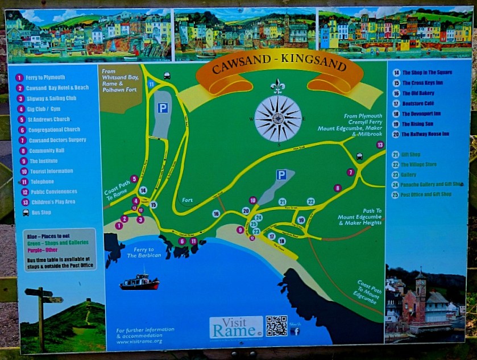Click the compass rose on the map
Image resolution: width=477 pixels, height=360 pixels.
coord(278,118)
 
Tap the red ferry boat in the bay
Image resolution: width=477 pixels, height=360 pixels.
coord(139,282)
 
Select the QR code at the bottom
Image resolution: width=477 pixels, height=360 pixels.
coord(276,326)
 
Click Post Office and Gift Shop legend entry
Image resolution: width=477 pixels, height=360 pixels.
coord(429,195)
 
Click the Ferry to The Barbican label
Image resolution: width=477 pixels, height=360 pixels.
coord(139,252)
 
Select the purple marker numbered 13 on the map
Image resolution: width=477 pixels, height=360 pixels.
coord(380,145)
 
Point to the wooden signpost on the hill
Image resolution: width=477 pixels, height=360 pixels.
coord(42,310)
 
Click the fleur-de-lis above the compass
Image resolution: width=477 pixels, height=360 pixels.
coord(277,86)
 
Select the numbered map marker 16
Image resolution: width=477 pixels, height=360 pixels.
coord(216,214)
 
